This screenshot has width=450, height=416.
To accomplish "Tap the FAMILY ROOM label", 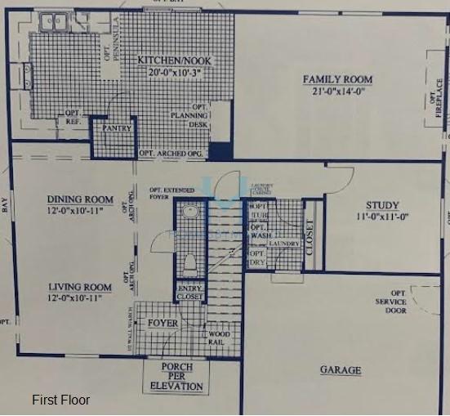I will coord(337,79).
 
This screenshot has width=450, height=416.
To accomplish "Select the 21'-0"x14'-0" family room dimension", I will coord(337,91).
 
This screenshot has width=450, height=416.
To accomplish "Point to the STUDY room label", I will coord(382,205).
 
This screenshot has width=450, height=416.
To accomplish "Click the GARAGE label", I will coord(340,370).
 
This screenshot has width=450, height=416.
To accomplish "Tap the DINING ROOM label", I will coord(80,199).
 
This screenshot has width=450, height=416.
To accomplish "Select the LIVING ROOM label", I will coord(79,287).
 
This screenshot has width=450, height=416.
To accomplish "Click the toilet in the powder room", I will coord(189,264).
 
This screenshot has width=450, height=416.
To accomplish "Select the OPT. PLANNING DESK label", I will coord(200,116).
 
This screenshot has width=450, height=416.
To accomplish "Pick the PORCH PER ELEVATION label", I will coord(176,377).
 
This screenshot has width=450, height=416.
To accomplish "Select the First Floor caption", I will coord(60,400).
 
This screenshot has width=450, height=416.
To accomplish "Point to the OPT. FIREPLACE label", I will coord(433,104).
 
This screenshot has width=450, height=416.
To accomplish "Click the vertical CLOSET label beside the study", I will coord(309,236).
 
